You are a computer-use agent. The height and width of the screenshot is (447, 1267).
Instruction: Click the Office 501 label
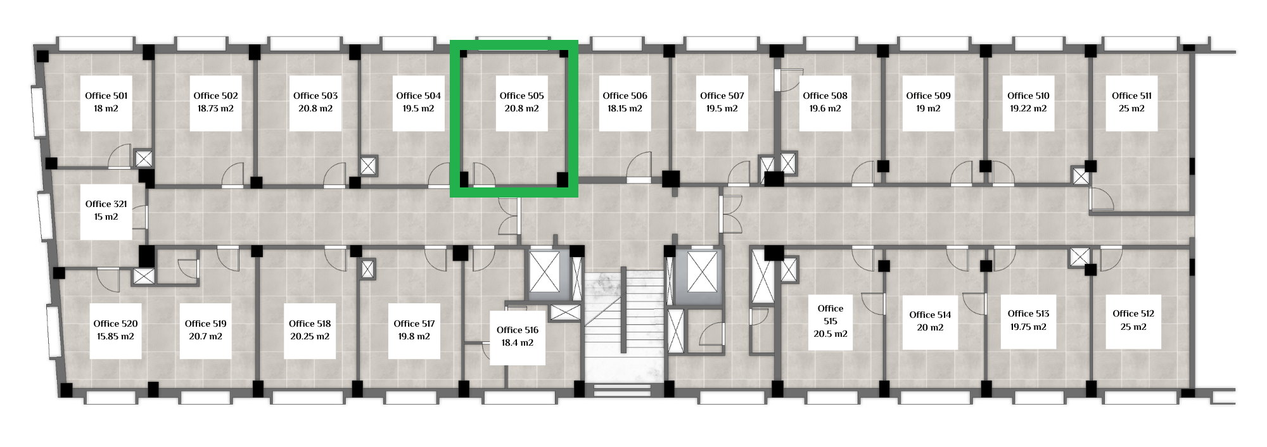pyautogui.click(x=106, y=96)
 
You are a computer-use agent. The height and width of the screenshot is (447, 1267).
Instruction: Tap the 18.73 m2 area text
pyautogui.click(x=215, y=108)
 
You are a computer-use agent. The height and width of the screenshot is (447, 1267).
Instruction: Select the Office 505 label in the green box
pyautogui.click(x=521, y=96)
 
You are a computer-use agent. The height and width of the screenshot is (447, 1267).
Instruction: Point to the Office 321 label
pyautogui.click(x=106, y=204)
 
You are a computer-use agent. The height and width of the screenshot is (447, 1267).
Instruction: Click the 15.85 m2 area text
pyautogui.click(x=115, y=336)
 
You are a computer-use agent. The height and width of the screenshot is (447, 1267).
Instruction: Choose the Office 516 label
pyautogui.click(x=518, y=330)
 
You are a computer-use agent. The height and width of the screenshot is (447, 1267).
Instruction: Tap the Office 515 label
pyautogui.click(x=831, y=315)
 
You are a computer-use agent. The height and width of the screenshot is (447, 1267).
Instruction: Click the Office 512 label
pyautogui.click(x=1133, y=313)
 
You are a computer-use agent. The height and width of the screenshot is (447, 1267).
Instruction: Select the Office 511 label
pyautogui.click(x=1132, y=96)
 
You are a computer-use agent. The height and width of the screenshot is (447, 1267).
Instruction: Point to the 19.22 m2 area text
pyautogui.click(x=1028, y=108)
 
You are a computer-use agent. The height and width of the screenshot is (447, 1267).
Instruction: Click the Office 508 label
pyautogui.click(x=825, y=96)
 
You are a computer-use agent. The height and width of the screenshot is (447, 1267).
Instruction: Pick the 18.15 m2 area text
pyautogui.click(x=625, y=108)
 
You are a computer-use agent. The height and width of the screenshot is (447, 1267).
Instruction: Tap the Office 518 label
pyautogui.click(x=310, y=324)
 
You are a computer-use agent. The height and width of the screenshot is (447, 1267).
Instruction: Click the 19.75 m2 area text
pyautogui.click(x=1028, y=327)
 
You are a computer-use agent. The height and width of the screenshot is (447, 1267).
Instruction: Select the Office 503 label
pyautogui.click(x=315, y=96)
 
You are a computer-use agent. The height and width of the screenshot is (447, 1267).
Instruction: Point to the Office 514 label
pyautogui.click(x=930, y=315)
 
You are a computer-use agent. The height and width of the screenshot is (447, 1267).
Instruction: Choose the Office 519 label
pyautogui.click(x=206, y=324)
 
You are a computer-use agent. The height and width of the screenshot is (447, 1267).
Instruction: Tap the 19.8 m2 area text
pyautogui.click(x=414, y=336)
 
